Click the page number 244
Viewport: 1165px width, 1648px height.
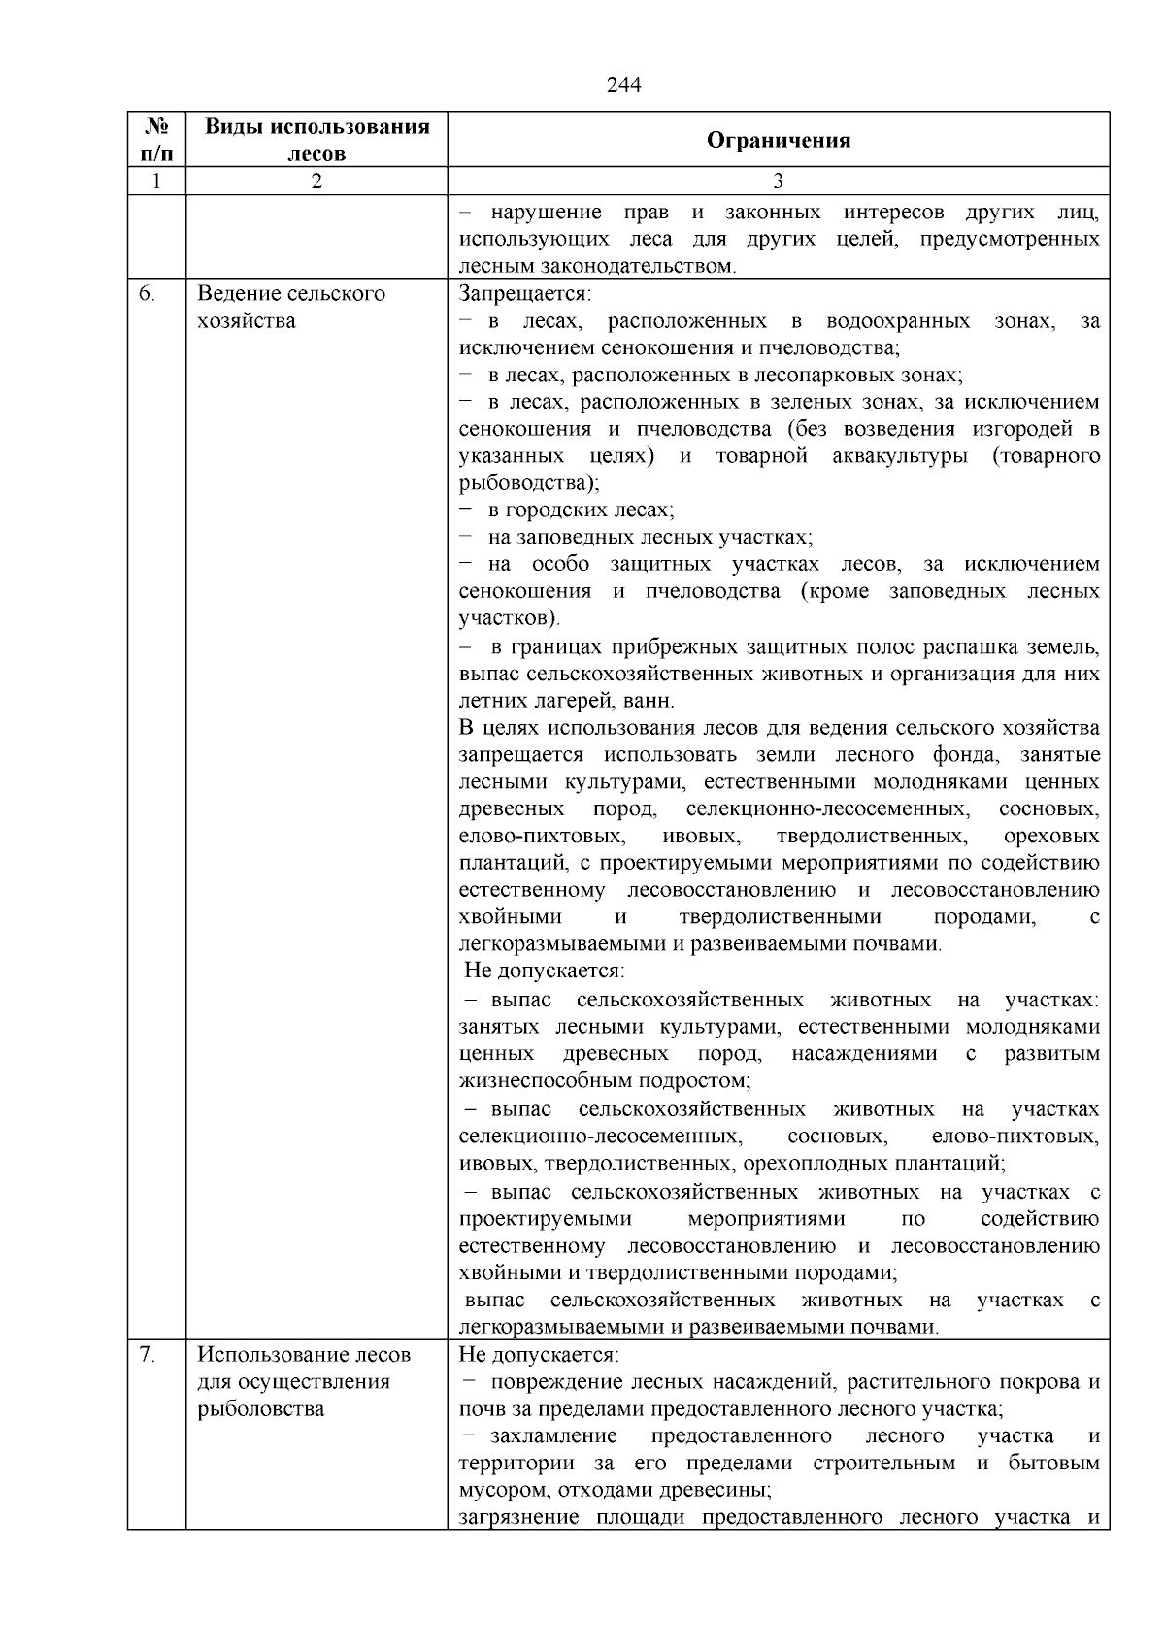click(x=623, y=85)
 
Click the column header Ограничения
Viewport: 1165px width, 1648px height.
click(x=778, y=140)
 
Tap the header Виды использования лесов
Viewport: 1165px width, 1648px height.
click(x=316, y=140)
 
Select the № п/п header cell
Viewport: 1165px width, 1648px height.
click(x=156, y=140)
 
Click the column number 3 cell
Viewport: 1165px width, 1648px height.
click(x=778, y=181)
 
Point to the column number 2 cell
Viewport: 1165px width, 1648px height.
click(x=316, y=181)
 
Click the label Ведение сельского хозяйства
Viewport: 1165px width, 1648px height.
click(x=290, y=307)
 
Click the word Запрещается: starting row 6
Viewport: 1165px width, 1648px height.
click(x=525, y=294)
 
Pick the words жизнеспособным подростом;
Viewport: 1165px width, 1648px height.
click(x=604, y=1080)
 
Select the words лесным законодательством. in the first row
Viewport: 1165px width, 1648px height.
click(x=597, y=266)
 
